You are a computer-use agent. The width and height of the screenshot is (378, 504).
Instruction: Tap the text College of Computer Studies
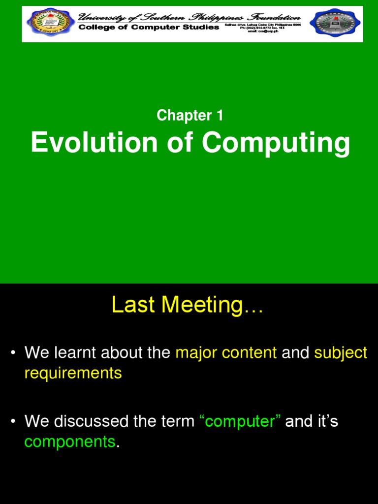point(149,27)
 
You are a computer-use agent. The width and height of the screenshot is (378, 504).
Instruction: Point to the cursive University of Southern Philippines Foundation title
point(189,17)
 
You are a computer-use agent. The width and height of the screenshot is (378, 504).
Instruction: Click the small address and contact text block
point(262,28)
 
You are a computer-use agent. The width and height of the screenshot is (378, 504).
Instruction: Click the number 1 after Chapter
point(219,116)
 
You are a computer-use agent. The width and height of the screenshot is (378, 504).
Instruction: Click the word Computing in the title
point(276,144)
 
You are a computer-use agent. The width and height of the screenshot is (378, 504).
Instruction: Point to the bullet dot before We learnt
point(14,353)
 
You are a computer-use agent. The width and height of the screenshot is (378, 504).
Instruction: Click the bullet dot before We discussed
point(14,421)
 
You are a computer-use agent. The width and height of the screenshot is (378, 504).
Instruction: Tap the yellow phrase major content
point(226,353)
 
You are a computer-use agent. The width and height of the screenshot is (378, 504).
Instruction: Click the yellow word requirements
point(73,373)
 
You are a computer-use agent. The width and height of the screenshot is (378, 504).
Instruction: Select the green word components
point(69,441)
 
